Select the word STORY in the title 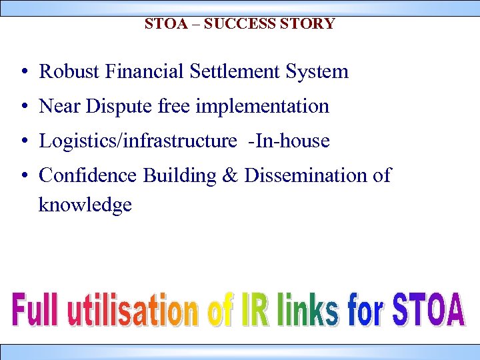(308, 24)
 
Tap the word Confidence (89, 175)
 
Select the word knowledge (85, 205)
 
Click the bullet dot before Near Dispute (23, 107)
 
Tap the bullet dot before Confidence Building (23, 176)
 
